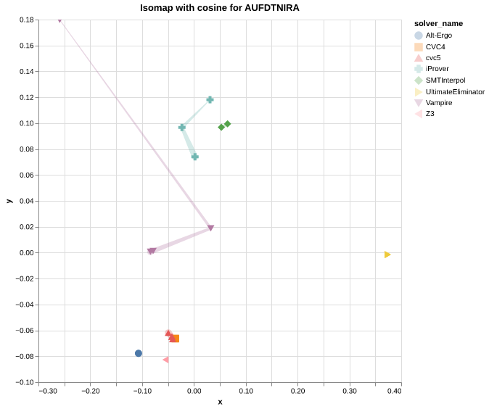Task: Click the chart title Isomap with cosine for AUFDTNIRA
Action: [x=219, y=8]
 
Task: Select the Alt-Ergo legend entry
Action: [x=438, y=36]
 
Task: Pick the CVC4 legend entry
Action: [x=435, y=46]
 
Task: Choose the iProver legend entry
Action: [x=437, y=69]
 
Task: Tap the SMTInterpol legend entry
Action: [x=445, y=80]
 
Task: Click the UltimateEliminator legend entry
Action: [x=454, y=91]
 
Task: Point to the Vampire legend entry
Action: [x=438, y=103]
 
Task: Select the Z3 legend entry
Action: [x=430, y=114]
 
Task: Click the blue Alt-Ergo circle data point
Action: [x=139, y=353]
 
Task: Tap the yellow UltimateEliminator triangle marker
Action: [x=387, y=255]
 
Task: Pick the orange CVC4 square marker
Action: [x=176, y=339]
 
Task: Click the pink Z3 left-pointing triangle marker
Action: [x=165, y=360]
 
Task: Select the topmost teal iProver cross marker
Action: [x=210, y=99]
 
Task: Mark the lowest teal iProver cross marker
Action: [x=194, y=157]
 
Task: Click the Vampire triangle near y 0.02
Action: [x=210, y=228]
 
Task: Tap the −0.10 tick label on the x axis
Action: [x=142, y=391]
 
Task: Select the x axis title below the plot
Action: [x=220, y=402]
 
